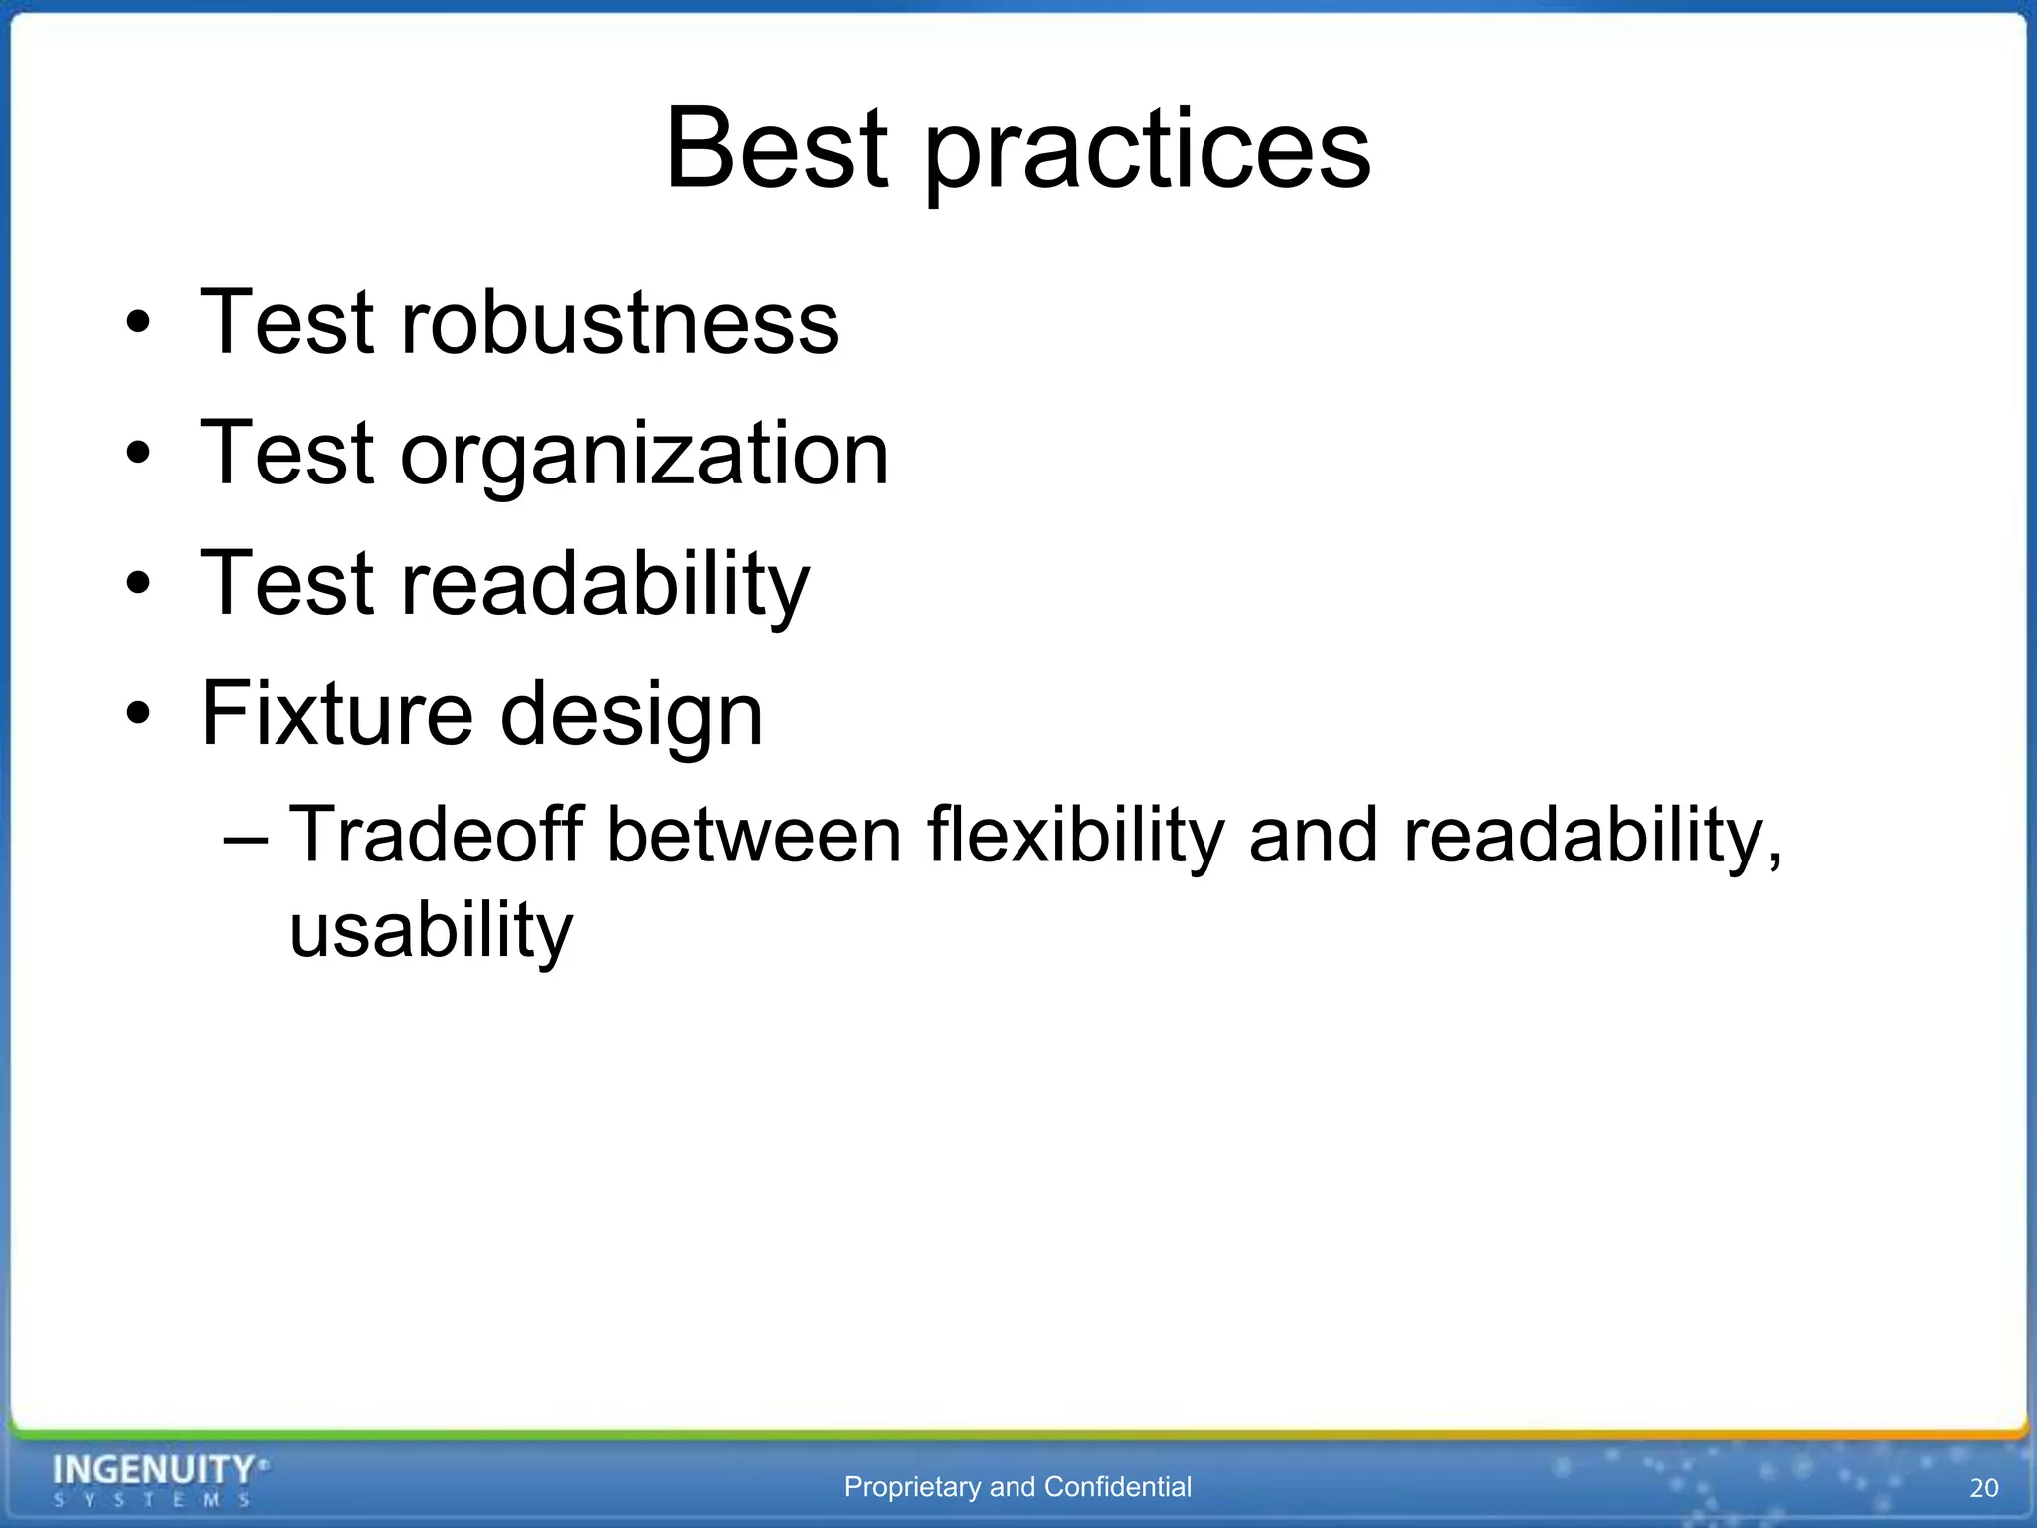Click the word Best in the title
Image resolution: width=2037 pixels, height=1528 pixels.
[x=777, y=149]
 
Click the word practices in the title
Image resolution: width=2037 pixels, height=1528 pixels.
[x=1147, y=154]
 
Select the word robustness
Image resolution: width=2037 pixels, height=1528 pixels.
[x=619, y=322]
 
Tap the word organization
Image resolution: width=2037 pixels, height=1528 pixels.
[x=645, y=456]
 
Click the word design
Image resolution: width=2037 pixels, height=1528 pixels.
[x=631, y=716]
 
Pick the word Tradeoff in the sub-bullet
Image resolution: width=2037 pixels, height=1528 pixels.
[x=436, y=834]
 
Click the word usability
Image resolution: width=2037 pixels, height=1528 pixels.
[x=431, y=931]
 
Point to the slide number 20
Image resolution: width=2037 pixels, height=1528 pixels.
[x=1983, y=1488]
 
